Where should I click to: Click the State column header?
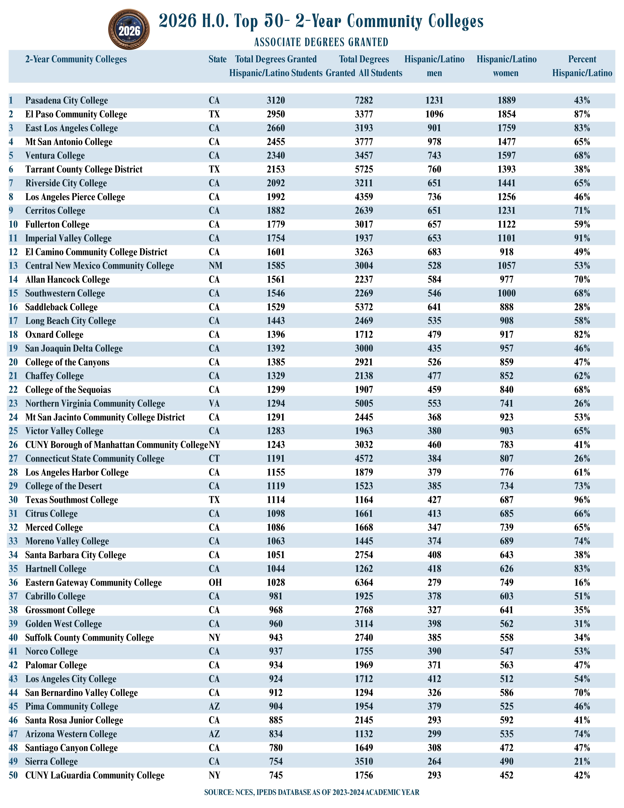coord(217,59)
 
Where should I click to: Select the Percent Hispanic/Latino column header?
coord(582,66)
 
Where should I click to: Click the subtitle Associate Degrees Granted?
coord(321,42)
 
